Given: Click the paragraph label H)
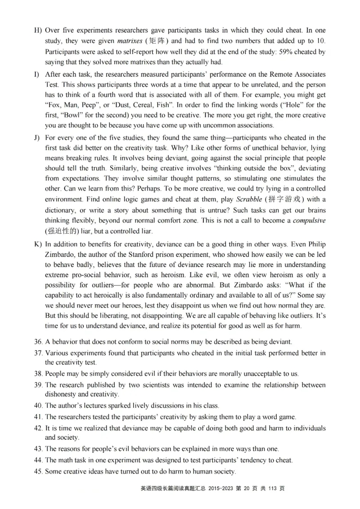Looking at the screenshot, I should [38, 31].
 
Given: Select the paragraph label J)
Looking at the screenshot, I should [37, 138].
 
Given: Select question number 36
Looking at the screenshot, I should [38, 342].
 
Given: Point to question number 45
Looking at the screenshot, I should [38, 471].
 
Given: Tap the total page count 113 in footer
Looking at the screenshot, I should [270, 488].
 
